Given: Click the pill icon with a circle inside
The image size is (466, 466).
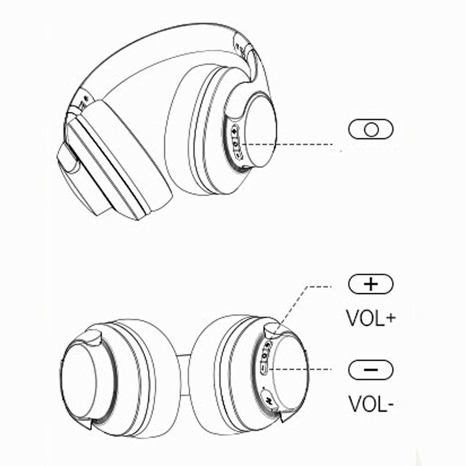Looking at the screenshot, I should click(x=370, y=130).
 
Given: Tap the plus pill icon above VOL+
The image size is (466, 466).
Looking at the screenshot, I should click(x=371, y=283).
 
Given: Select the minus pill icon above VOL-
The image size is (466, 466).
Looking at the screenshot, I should click(x=371, y=370).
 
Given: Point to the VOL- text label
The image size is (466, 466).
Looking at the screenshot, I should click(x=371, y=404).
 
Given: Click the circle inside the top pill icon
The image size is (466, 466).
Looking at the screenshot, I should click(x=371, y=130).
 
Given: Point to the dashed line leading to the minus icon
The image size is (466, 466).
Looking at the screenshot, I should click(x=303, y=370).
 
